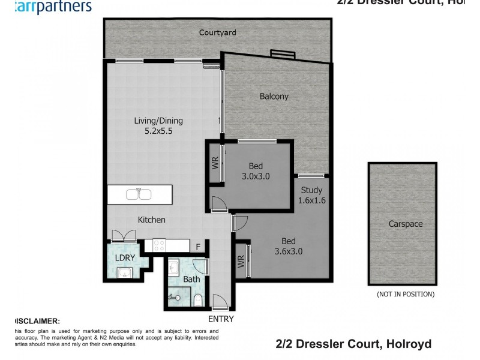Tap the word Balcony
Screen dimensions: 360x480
(274, 96)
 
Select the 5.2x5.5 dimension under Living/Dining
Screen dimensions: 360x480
(158, 132)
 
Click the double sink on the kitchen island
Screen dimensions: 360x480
(139, 194)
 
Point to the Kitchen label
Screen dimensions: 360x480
(151, 220)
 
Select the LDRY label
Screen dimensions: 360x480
(125, 258)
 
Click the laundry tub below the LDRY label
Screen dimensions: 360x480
(125, 273)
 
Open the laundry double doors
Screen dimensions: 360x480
(120, 236)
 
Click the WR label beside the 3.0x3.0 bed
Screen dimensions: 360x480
(215, 163)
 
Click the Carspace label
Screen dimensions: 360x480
(405, 224)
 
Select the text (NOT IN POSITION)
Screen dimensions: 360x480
(405, 294)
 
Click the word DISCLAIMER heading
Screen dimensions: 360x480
(37, 321)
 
